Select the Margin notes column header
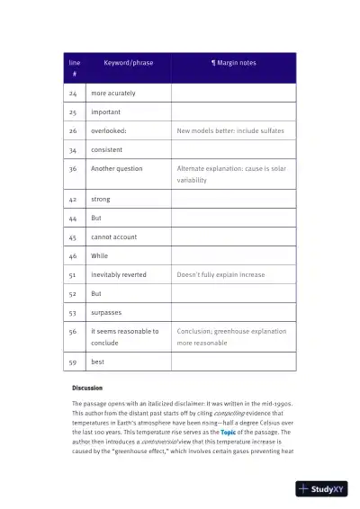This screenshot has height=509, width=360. [233, 63]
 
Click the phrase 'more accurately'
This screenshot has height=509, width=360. [112, 94]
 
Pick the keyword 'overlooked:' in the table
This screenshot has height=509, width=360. [108, 130]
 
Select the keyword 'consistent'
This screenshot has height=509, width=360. [107, 149]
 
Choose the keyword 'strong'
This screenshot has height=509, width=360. [101, 199]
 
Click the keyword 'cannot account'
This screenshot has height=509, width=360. [113, 237]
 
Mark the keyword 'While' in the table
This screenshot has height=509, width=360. [99, 255]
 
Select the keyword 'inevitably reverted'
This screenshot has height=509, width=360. [119, 274]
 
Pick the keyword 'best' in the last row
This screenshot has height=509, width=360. [98, 362]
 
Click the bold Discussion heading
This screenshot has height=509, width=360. [87, 388]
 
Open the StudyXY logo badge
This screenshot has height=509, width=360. [321, 489]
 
